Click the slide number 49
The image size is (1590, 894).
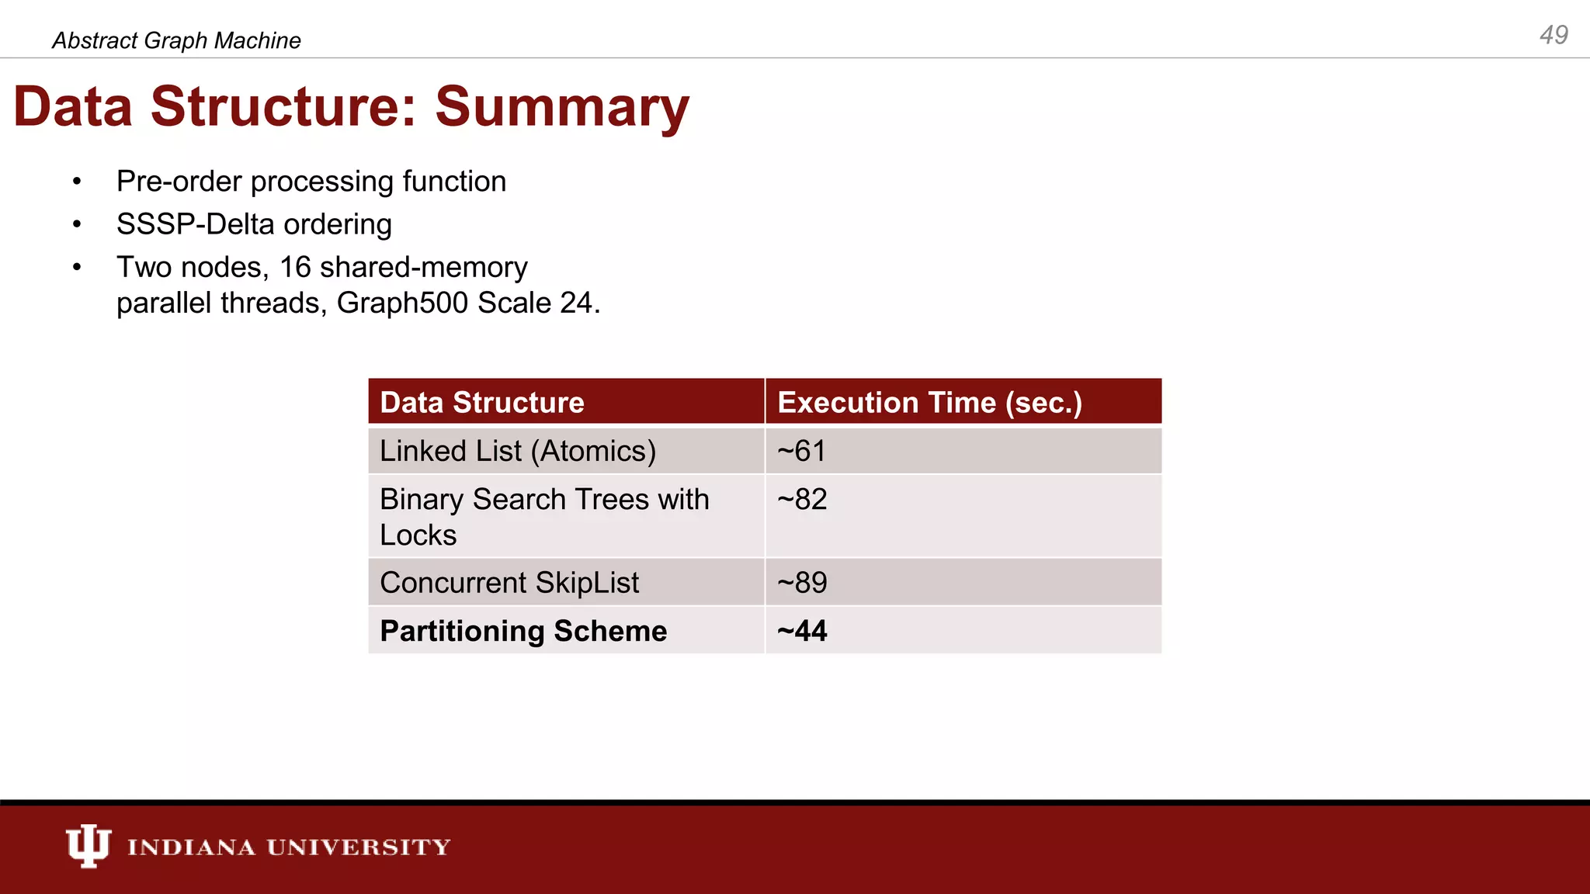[1554, 35]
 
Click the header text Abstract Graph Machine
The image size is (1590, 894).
[176, 40]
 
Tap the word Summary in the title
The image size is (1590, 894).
[561, 106]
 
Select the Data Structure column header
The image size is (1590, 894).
[482, 403]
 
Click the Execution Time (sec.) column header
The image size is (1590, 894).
[929, 403]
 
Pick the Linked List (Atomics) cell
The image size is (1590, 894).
[518, 451]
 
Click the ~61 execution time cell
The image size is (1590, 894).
[802, 451]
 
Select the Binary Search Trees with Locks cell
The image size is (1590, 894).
[543, 516]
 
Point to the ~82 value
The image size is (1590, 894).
[802, 499]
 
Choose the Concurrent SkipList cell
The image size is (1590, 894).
[509, 583]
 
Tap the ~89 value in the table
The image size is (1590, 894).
[802, 583]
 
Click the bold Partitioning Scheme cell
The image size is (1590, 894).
[523, 631]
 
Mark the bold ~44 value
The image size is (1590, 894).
[802, 631]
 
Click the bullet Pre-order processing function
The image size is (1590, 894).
[311, 182]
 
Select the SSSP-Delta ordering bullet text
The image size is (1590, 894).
[254, 224]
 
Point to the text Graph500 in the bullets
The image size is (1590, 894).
[402, 303]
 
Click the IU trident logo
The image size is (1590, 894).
[88, 845]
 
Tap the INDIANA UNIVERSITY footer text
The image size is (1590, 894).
[289, 847]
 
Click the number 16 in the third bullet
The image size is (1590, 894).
[295, 268]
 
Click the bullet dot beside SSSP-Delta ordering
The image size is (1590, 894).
[77, 225]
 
